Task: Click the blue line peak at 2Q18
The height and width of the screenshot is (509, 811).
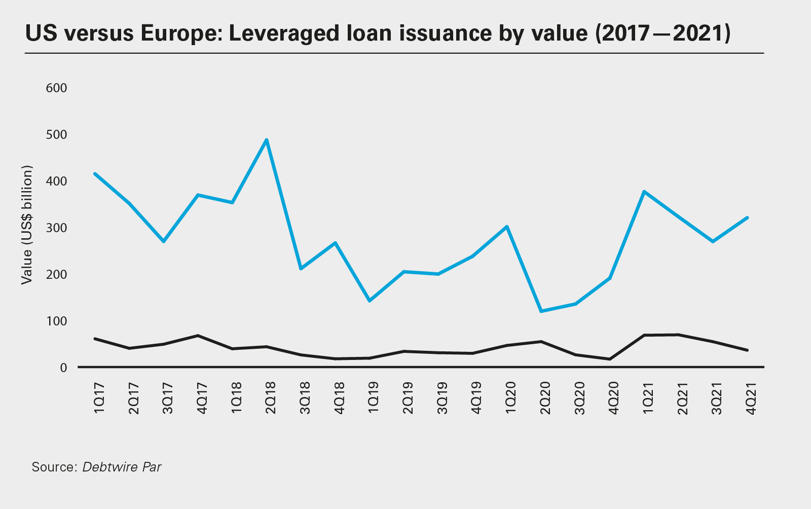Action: (267, 140)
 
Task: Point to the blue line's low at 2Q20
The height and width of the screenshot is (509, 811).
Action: (541, 311)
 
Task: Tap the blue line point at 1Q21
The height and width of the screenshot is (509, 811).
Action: (644, 192)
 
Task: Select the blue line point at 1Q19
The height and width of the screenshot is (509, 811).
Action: (370, 301)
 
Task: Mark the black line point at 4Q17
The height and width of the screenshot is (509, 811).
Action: (198, 336)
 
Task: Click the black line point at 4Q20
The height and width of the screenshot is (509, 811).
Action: (610, 359)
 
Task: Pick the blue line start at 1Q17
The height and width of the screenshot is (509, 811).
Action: (95, 174)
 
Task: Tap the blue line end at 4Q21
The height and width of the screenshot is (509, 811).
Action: (747, 218)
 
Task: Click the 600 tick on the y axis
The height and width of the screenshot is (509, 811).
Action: (56, 88)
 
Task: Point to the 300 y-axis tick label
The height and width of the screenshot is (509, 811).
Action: (56, 228)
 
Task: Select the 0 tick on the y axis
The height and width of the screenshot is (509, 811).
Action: (63, 368)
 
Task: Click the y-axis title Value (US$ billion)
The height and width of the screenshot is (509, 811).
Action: (27, 225)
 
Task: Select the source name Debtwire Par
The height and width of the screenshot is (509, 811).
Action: (122, 467)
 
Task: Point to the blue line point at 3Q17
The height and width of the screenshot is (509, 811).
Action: (164, 241)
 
